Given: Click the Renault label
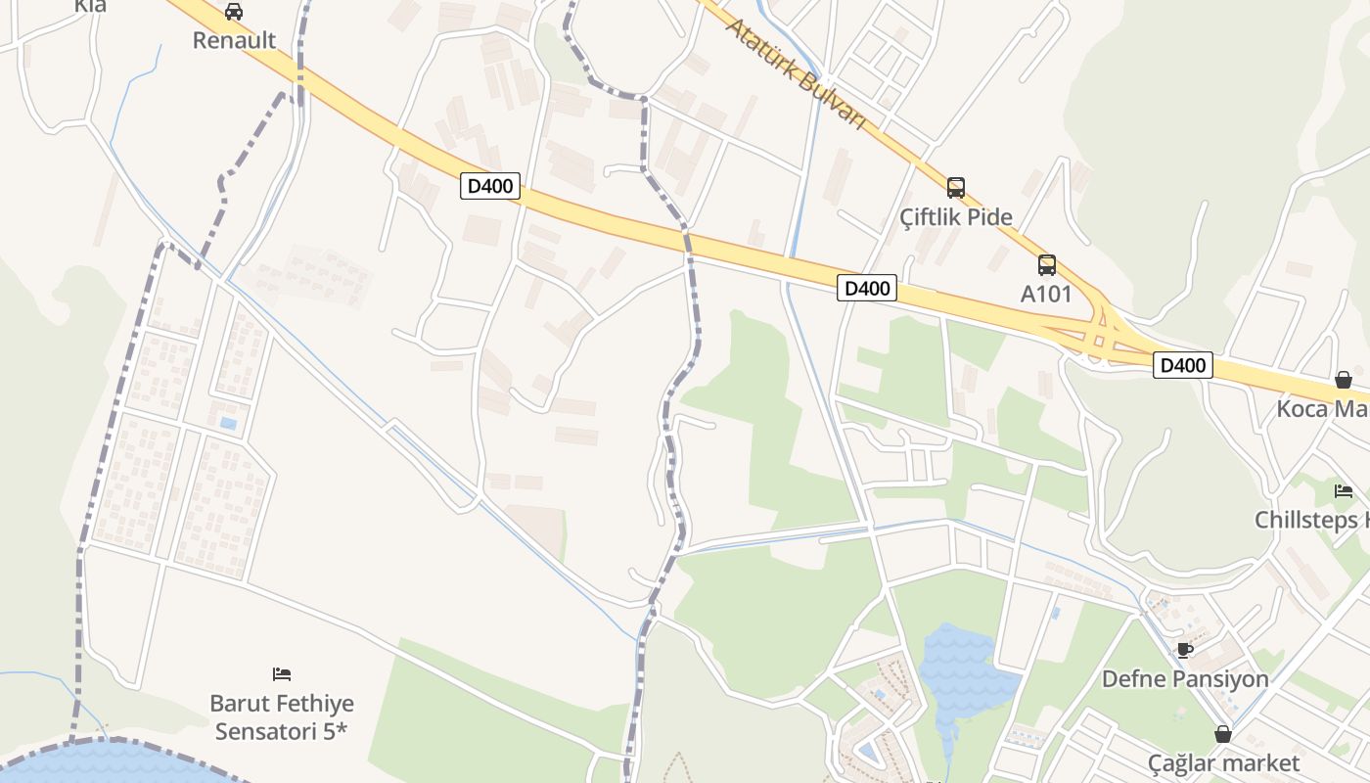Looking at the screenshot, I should [234, 40].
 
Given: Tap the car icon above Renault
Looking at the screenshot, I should [234, 12].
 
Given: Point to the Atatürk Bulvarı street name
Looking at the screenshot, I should [796, 72].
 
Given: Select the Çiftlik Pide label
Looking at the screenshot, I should [956, 216].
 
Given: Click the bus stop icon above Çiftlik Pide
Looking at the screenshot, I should [956, 187].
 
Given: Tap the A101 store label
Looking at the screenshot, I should [1046, 294].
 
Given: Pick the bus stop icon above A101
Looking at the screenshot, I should [1047, 264].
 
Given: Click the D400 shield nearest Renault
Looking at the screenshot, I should [489, 186].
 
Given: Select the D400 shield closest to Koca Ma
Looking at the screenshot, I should [1182, 365].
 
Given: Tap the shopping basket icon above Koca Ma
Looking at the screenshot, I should [1344, 380].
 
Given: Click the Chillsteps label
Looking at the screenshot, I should [1311, 520].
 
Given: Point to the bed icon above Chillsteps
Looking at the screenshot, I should [1344, 491].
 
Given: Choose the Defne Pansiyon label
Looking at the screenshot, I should [1184, 678].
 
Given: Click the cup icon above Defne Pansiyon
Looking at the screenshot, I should [1184, 650].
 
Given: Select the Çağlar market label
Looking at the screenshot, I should [1223, 762].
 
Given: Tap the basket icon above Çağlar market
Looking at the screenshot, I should [1223, 734].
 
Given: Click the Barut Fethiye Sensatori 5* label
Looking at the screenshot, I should [282, 716].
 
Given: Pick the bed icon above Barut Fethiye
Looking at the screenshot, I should [282, 673].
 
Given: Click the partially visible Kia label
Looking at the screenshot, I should [90, 6].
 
